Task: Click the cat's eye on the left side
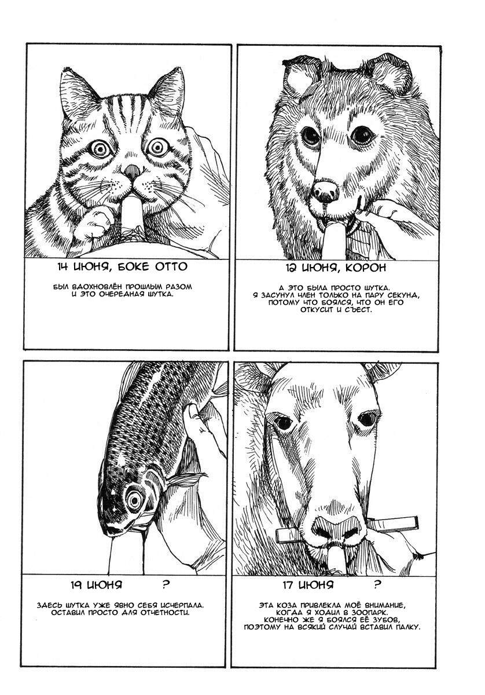(101, 148)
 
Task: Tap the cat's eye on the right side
(157, 147)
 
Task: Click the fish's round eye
(134, 499)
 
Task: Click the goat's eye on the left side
(283, 422)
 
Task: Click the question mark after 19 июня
(166, 585)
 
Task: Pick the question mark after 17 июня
(377, 585)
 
